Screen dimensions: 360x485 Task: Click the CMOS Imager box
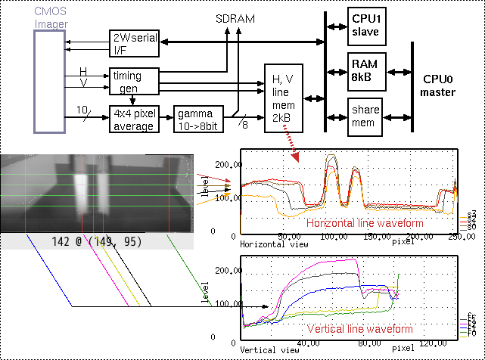(51, 83)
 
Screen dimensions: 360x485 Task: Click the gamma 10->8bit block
(199, 119)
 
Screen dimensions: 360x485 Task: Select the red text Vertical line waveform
(359, 329)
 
